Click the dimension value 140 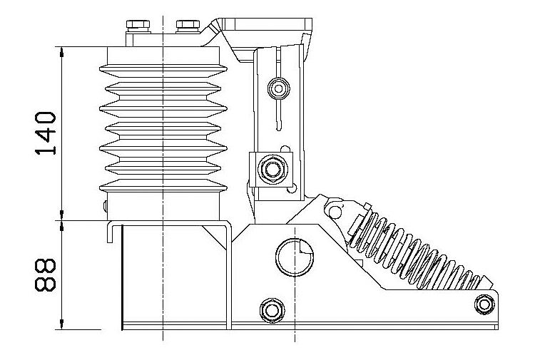46,133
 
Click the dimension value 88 46,274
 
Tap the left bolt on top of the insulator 136,28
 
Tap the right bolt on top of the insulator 187,28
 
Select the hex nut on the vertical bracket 272,168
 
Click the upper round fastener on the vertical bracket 277,88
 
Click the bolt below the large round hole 270,309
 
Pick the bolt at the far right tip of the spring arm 485,304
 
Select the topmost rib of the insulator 163,69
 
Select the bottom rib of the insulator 163,185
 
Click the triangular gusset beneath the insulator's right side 215,236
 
